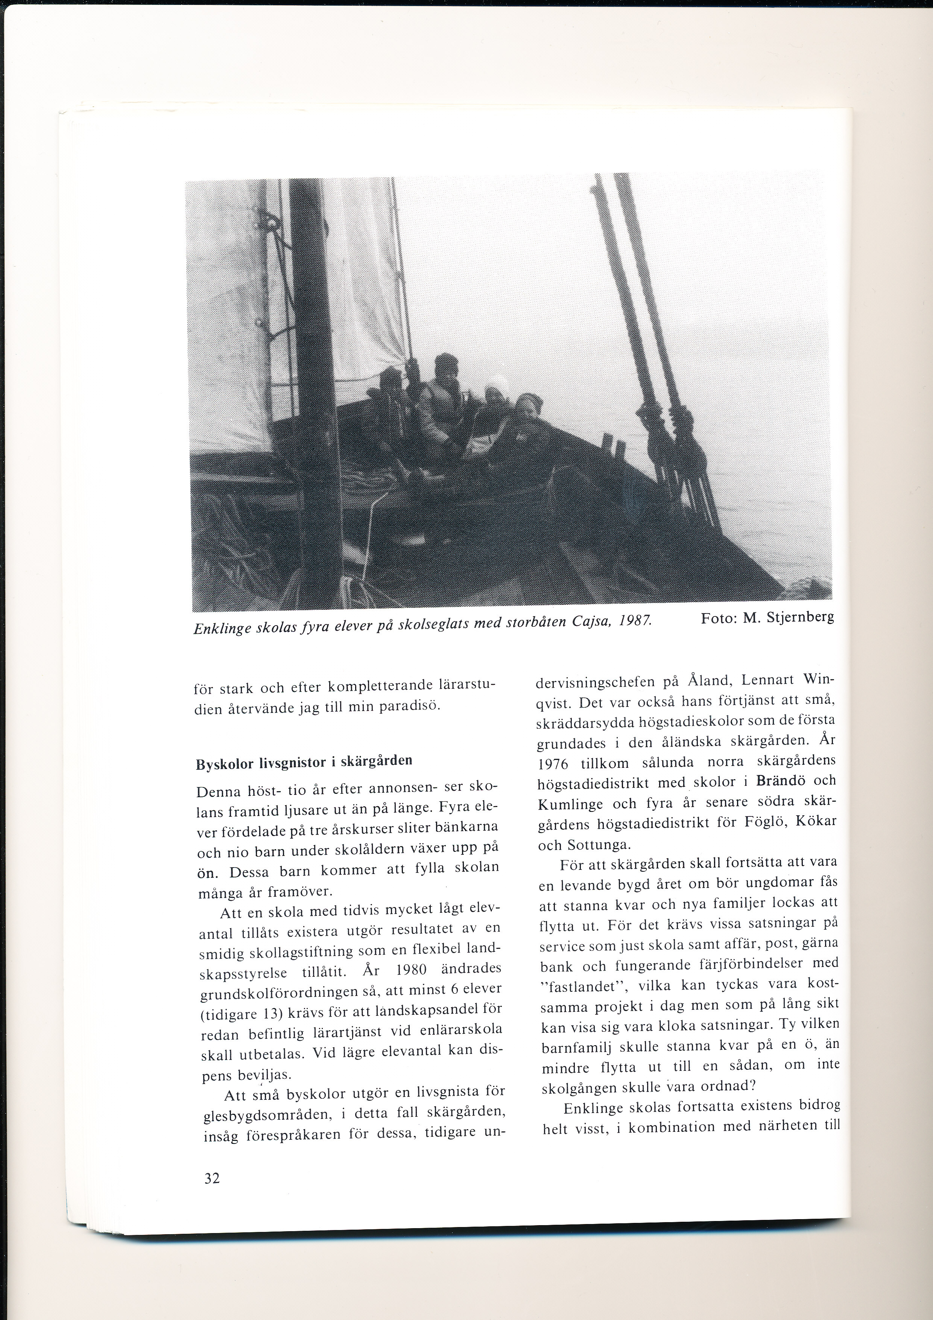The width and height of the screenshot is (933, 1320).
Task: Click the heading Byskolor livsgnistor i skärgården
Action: (304, 762)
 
